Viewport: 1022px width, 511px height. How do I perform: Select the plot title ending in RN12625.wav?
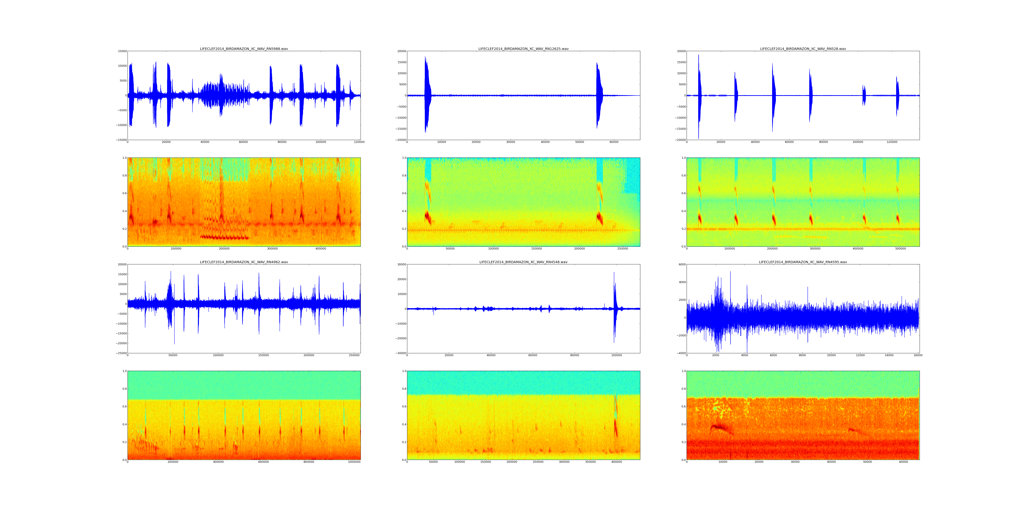pos(523,49)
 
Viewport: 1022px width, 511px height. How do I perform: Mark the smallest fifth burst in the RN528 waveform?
pos(864,95)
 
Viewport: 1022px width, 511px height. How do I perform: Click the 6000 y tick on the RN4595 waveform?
pos(682,264)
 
